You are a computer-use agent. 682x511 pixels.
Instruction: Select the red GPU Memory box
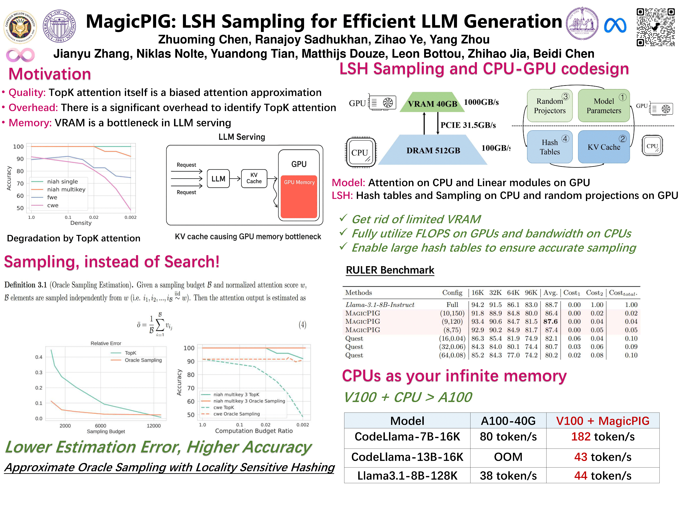(299, 197)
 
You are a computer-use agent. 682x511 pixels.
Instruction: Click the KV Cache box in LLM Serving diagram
(254, 178)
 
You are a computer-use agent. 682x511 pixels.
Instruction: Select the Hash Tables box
(550, 147)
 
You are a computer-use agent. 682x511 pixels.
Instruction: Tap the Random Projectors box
(550, 106)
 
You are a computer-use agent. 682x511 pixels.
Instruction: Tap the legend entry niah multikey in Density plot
(66, 189)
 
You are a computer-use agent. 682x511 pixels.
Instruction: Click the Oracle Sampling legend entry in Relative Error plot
(143, 360)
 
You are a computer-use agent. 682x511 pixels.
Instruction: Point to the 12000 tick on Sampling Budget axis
(154, 426)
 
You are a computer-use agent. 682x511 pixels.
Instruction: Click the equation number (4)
(302, 325)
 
